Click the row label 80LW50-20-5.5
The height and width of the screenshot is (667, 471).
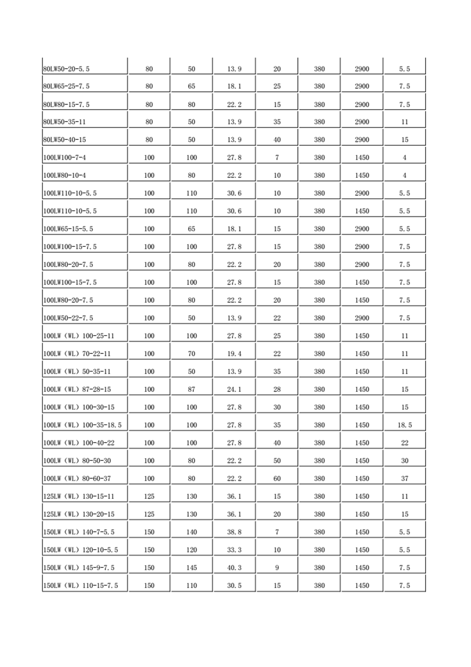pos(66,69)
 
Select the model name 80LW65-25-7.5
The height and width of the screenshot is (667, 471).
pos(66,86)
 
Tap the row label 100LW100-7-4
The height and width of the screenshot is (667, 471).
pos(65,158)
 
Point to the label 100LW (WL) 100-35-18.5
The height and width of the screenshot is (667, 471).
pos(82,425)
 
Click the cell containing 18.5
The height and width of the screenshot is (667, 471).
pos(405,425)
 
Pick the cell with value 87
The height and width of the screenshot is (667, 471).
pos(191,390)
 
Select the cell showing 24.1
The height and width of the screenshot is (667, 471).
pos(234,390)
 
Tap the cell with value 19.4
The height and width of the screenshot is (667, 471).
pos(234,354)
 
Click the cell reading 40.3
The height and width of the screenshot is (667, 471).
pos(234,568)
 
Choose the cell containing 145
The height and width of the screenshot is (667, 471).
pos(191,568)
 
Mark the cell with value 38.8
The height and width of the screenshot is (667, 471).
pos(234,532)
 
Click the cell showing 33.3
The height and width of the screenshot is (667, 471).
pos(234,550)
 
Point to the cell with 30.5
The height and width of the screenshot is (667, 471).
pos(234,586)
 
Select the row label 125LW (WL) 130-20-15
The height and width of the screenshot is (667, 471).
pos(79,514)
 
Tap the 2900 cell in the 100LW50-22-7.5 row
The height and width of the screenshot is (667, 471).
pos(362,318)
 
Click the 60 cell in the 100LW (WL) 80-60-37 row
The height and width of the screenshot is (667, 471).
pos(277,479)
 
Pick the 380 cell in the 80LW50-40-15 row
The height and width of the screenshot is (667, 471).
pos(319,140)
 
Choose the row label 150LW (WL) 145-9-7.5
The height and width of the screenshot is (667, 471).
pos(79,568)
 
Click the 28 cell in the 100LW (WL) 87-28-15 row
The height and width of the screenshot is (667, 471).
pos(277,390)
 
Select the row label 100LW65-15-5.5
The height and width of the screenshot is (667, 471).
pos(68,229)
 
